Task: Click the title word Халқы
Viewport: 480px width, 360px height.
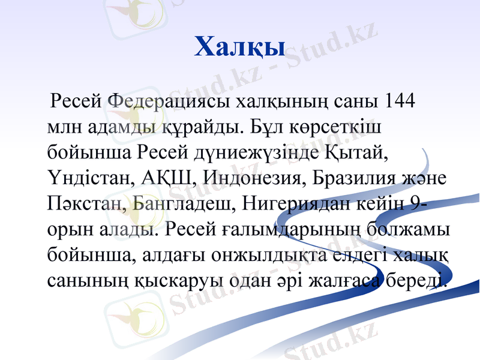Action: tap(239, 46)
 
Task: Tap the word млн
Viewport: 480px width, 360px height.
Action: tap(64, 127)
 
